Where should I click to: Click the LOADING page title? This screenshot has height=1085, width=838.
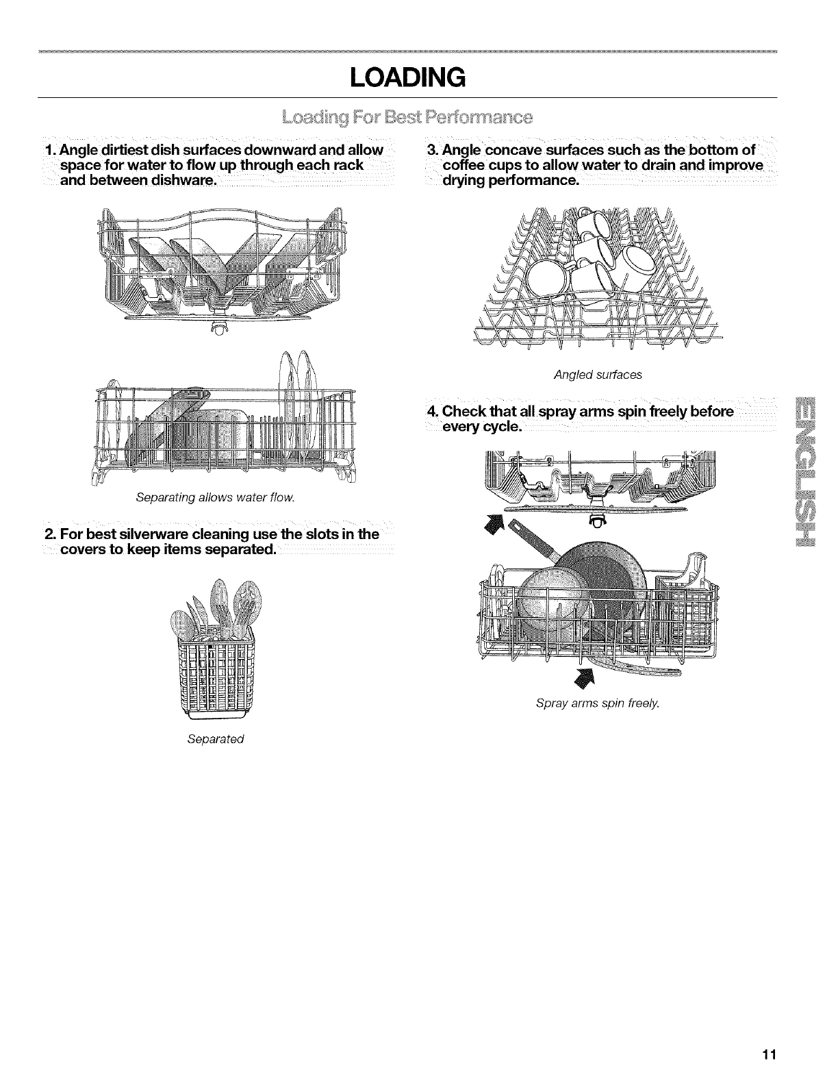pos(407,77)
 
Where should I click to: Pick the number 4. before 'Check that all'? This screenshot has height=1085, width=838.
pos(431,412)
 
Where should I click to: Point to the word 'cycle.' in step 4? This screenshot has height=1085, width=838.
pos(502,427)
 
